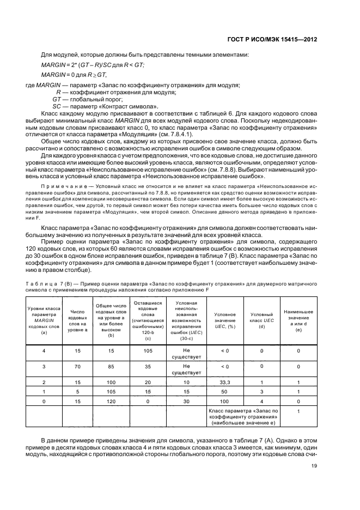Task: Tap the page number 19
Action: (x=314, y=465)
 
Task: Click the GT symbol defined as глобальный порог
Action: (x=56, y=99)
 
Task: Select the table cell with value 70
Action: (x=77, y=367)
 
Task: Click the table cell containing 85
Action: (x=112, y=367)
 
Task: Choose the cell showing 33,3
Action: (x=225, y=382)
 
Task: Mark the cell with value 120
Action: (x=112, y=400)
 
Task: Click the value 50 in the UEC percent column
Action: (x=225, y=391)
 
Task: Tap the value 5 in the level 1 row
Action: (x=77, y=391)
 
